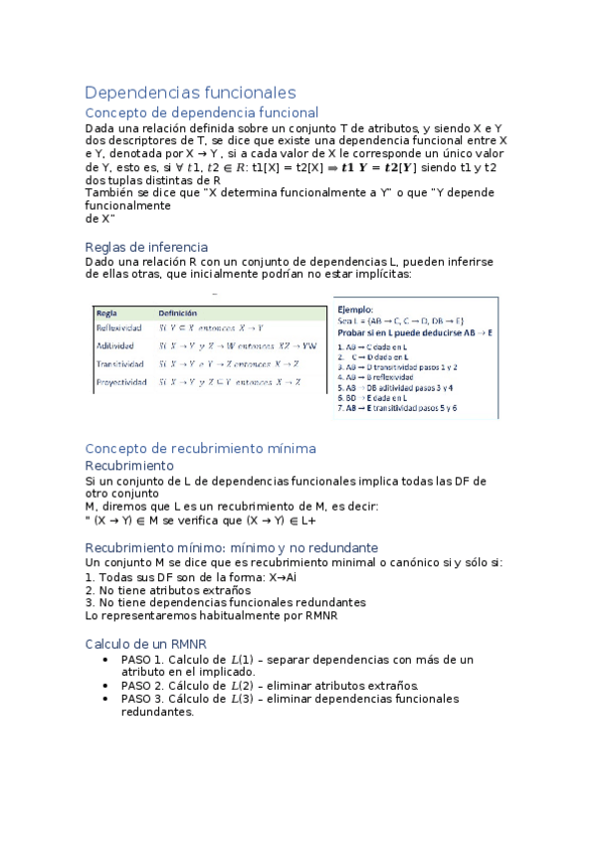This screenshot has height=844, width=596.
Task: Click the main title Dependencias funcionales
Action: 190,93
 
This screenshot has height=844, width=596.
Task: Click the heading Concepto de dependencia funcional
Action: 202,113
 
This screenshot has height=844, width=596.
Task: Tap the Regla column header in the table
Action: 107,312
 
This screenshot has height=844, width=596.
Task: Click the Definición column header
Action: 178,312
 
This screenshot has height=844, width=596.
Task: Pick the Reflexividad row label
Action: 117,327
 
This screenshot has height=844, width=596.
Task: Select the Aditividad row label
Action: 114,345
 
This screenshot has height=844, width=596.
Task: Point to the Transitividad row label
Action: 119,363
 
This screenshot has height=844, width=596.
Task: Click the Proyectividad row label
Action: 120,381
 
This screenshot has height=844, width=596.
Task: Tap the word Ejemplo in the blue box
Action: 356,311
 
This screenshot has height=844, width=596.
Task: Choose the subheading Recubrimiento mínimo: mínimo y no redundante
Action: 231,547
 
